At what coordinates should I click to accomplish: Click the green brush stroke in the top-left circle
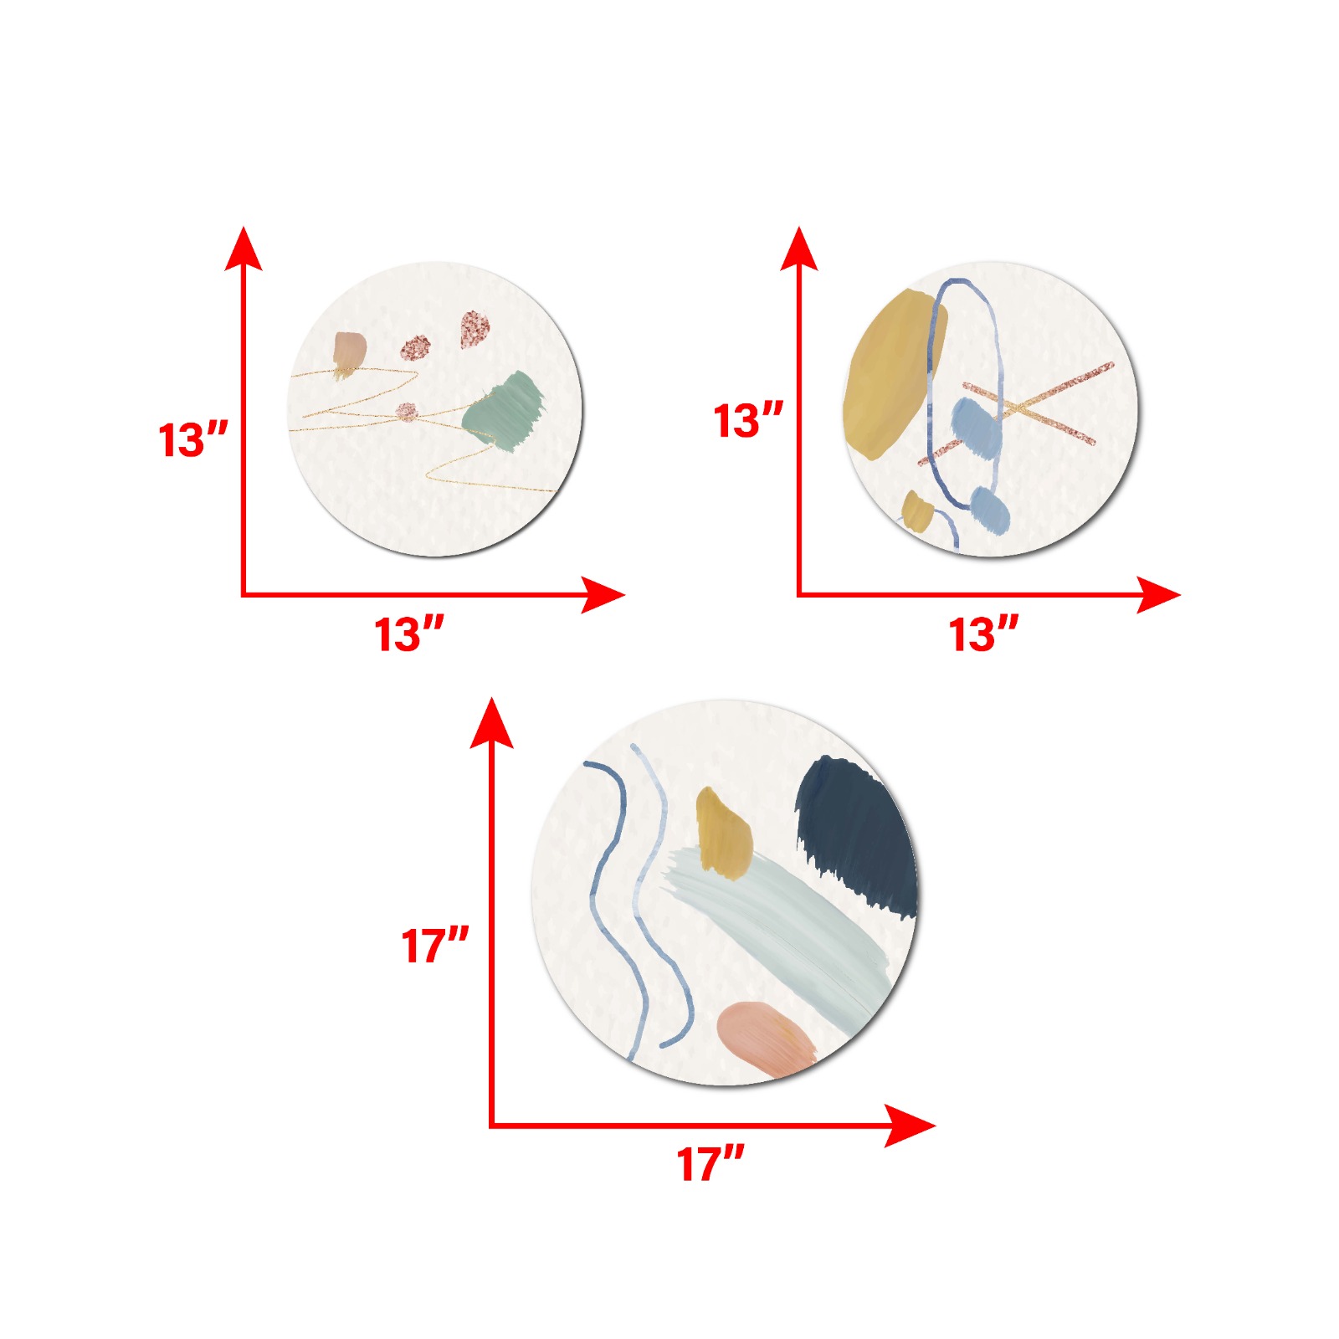click(x=504, y=412)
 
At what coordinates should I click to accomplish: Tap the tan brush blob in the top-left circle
click(x=349, y=353)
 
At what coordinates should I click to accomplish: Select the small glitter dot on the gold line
click(x=407, y=412)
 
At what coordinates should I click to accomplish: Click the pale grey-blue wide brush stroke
click(x=774, y=929)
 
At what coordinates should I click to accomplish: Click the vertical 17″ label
click(x=435, y=946)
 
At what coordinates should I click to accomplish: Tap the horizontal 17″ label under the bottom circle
click(x=711, y=1164)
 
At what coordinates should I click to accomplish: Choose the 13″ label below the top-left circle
click(x=408, y=634)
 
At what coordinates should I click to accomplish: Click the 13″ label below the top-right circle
click(x=983, y=634)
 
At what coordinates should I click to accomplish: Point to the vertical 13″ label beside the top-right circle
click(x=748, y=420)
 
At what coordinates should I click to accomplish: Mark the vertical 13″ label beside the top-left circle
click(x=193, y=439)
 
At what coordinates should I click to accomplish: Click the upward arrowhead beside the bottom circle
click(x=491, y=722)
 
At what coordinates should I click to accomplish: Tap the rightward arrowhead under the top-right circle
click(x=1158, y=595)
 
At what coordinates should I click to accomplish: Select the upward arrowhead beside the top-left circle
click(x=244, y=249)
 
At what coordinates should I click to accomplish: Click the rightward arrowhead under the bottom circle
click(x=910, y=1126)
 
